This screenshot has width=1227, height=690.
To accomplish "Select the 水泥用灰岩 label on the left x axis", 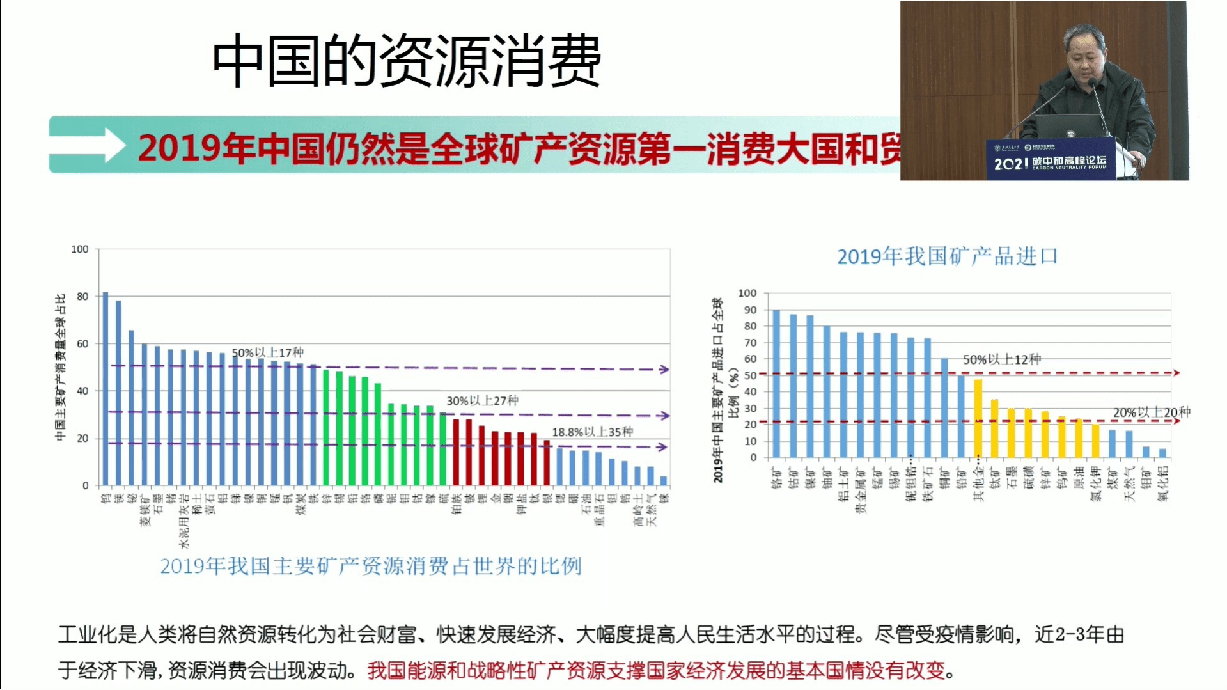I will [184, 521].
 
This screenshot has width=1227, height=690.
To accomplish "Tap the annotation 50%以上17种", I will [267, 352].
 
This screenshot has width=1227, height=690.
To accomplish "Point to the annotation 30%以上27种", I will [482, 401].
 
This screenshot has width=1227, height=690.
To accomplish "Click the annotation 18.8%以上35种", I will [592, 432].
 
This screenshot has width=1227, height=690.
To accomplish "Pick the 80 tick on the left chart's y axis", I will [82, 297].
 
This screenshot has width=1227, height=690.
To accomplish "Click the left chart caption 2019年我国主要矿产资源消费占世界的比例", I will [370, 567].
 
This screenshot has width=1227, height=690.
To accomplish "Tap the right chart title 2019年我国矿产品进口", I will [947, 257].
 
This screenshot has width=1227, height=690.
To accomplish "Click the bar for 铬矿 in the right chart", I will [776, 384].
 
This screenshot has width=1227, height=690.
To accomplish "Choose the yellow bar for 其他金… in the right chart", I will [978, 418].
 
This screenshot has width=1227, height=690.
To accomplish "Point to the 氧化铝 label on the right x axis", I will [1162, 483].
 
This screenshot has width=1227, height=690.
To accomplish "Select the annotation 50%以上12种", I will [1001, 359].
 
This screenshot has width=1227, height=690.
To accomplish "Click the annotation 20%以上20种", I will [1151, 412].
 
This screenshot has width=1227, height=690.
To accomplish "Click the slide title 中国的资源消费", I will [406, 61].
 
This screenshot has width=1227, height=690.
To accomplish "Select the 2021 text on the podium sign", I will [1010, 164].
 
